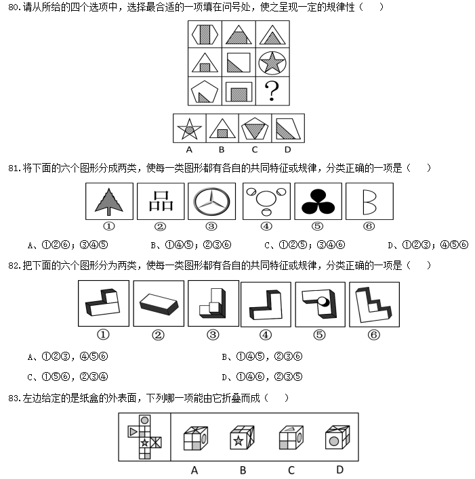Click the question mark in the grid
(x=272, y=91)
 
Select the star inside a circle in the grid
(x=272, y=63)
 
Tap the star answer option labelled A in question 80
(x=189, y=128)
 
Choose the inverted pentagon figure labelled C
(x=255, y=128)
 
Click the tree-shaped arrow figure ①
(x=108, y=201)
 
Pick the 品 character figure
(x=161, y=201)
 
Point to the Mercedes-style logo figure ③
(x=212, y=201)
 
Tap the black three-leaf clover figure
(x=317, y=201)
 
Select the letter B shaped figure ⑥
(x=369, y=201)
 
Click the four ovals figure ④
(x=266, y=201)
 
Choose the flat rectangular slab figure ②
(x=159, y=304)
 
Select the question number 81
(x=13, y=168)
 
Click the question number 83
(x=13, y=397)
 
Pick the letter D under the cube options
(x=339, y=469)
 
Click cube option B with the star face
(x=242, y=438)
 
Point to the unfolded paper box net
(x=144, y=436)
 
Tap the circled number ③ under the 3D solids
(x=213, y=335)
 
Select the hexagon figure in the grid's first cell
(x=205, y=35)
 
